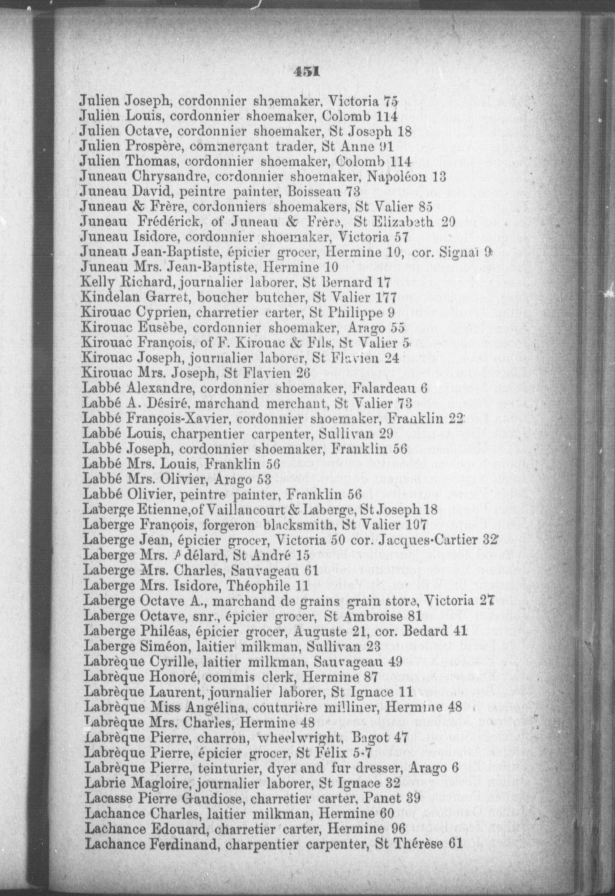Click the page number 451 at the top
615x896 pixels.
point(305,72)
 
